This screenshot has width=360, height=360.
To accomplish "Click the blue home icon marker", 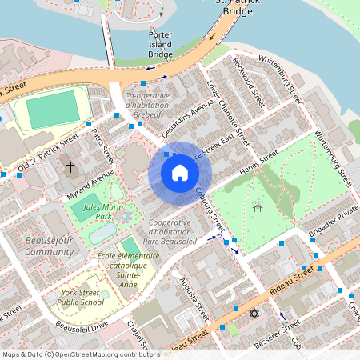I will click(x=180, y=172).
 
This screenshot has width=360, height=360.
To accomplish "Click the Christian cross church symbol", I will click(x=70, y=167).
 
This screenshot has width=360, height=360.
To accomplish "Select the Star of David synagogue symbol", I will click(x=254, y=314).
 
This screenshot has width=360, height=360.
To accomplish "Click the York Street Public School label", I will click(x=80, y=298).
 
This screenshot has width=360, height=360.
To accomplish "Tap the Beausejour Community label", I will click(x=49, y=246).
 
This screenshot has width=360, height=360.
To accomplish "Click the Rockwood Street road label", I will click(x=248, y=82).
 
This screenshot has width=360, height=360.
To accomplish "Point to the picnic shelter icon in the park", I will click(x=257, y=208).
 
